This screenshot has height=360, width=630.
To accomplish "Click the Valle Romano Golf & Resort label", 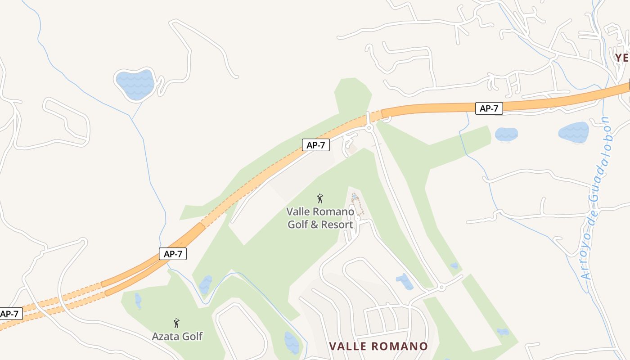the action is tap(320, 217).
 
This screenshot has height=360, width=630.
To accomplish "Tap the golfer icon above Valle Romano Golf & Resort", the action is tap(320, 198).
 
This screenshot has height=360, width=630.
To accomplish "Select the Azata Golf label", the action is tap(177, 336).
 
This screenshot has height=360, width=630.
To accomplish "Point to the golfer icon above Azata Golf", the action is tap(176, 323).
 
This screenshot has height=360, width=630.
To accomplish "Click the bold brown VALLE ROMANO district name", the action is tap(378, 346).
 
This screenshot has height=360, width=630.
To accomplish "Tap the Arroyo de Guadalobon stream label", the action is tap(595, 198).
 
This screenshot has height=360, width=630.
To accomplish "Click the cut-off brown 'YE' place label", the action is tap(622, 58).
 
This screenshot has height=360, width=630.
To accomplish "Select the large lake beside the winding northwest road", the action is tap(135, 84).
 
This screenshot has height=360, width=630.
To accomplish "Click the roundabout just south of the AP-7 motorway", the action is tap(369, 128).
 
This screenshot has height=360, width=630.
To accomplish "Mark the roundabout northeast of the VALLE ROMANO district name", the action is tap(441, 287).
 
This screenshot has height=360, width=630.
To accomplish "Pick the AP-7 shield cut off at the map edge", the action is tap(9, 314).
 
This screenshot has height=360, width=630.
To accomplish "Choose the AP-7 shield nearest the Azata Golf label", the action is tap(172, 254).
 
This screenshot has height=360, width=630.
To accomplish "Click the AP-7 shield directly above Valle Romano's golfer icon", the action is tap(316, 145).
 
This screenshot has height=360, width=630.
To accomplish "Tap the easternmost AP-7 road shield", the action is tap(489, 108).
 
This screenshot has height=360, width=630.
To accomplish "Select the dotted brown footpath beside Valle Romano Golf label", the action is tap(359, 205).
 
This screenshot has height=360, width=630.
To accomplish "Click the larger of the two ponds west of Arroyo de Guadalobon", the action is tap(573, 132).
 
